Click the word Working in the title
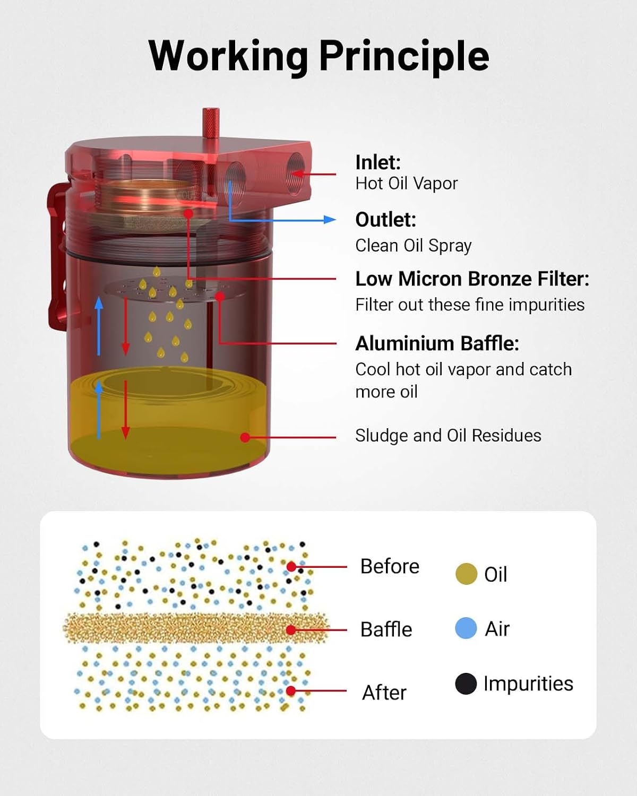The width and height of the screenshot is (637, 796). (x=228, y=56)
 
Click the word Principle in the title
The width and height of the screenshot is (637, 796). (x=404, y=56)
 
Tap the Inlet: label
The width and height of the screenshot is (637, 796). (x=378, y=162)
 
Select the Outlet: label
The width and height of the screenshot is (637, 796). (x=386, y=220)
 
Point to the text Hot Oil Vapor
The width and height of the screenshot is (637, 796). (x=407, y=184)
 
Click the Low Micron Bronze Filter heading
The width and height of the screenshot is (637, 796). (x=472, y=279)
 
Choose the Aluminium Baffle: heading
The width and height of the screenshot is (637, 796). (x=437, y=344)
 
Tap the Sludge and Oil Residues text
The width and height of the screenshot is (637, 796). (x=448, y=436)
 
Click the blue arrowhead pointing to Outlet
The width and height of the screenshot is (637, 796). (x=330, y=220)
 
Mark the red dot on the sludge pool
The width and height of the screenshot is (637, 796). (x=245, y=438)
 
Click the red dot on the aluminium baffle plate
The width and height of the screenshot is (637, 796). (x=220, y=296)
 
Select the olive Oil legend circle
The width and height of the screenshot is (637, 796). (x=466, y=574)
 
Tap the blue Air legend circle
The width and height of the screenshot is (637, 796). (x=466, y=628)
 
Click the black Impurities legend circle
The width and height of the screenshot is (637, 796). (x=466, y=683)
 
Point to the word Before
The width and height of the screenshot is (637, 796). (x=390, y=566)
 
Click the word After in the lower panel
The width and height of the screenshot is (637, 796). (x=384, y=693)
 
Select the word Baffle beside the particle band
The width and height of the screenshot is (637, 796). (x=386, y=629)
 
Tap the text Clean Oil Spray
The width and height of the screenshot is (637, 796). (x=414, y=246)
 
